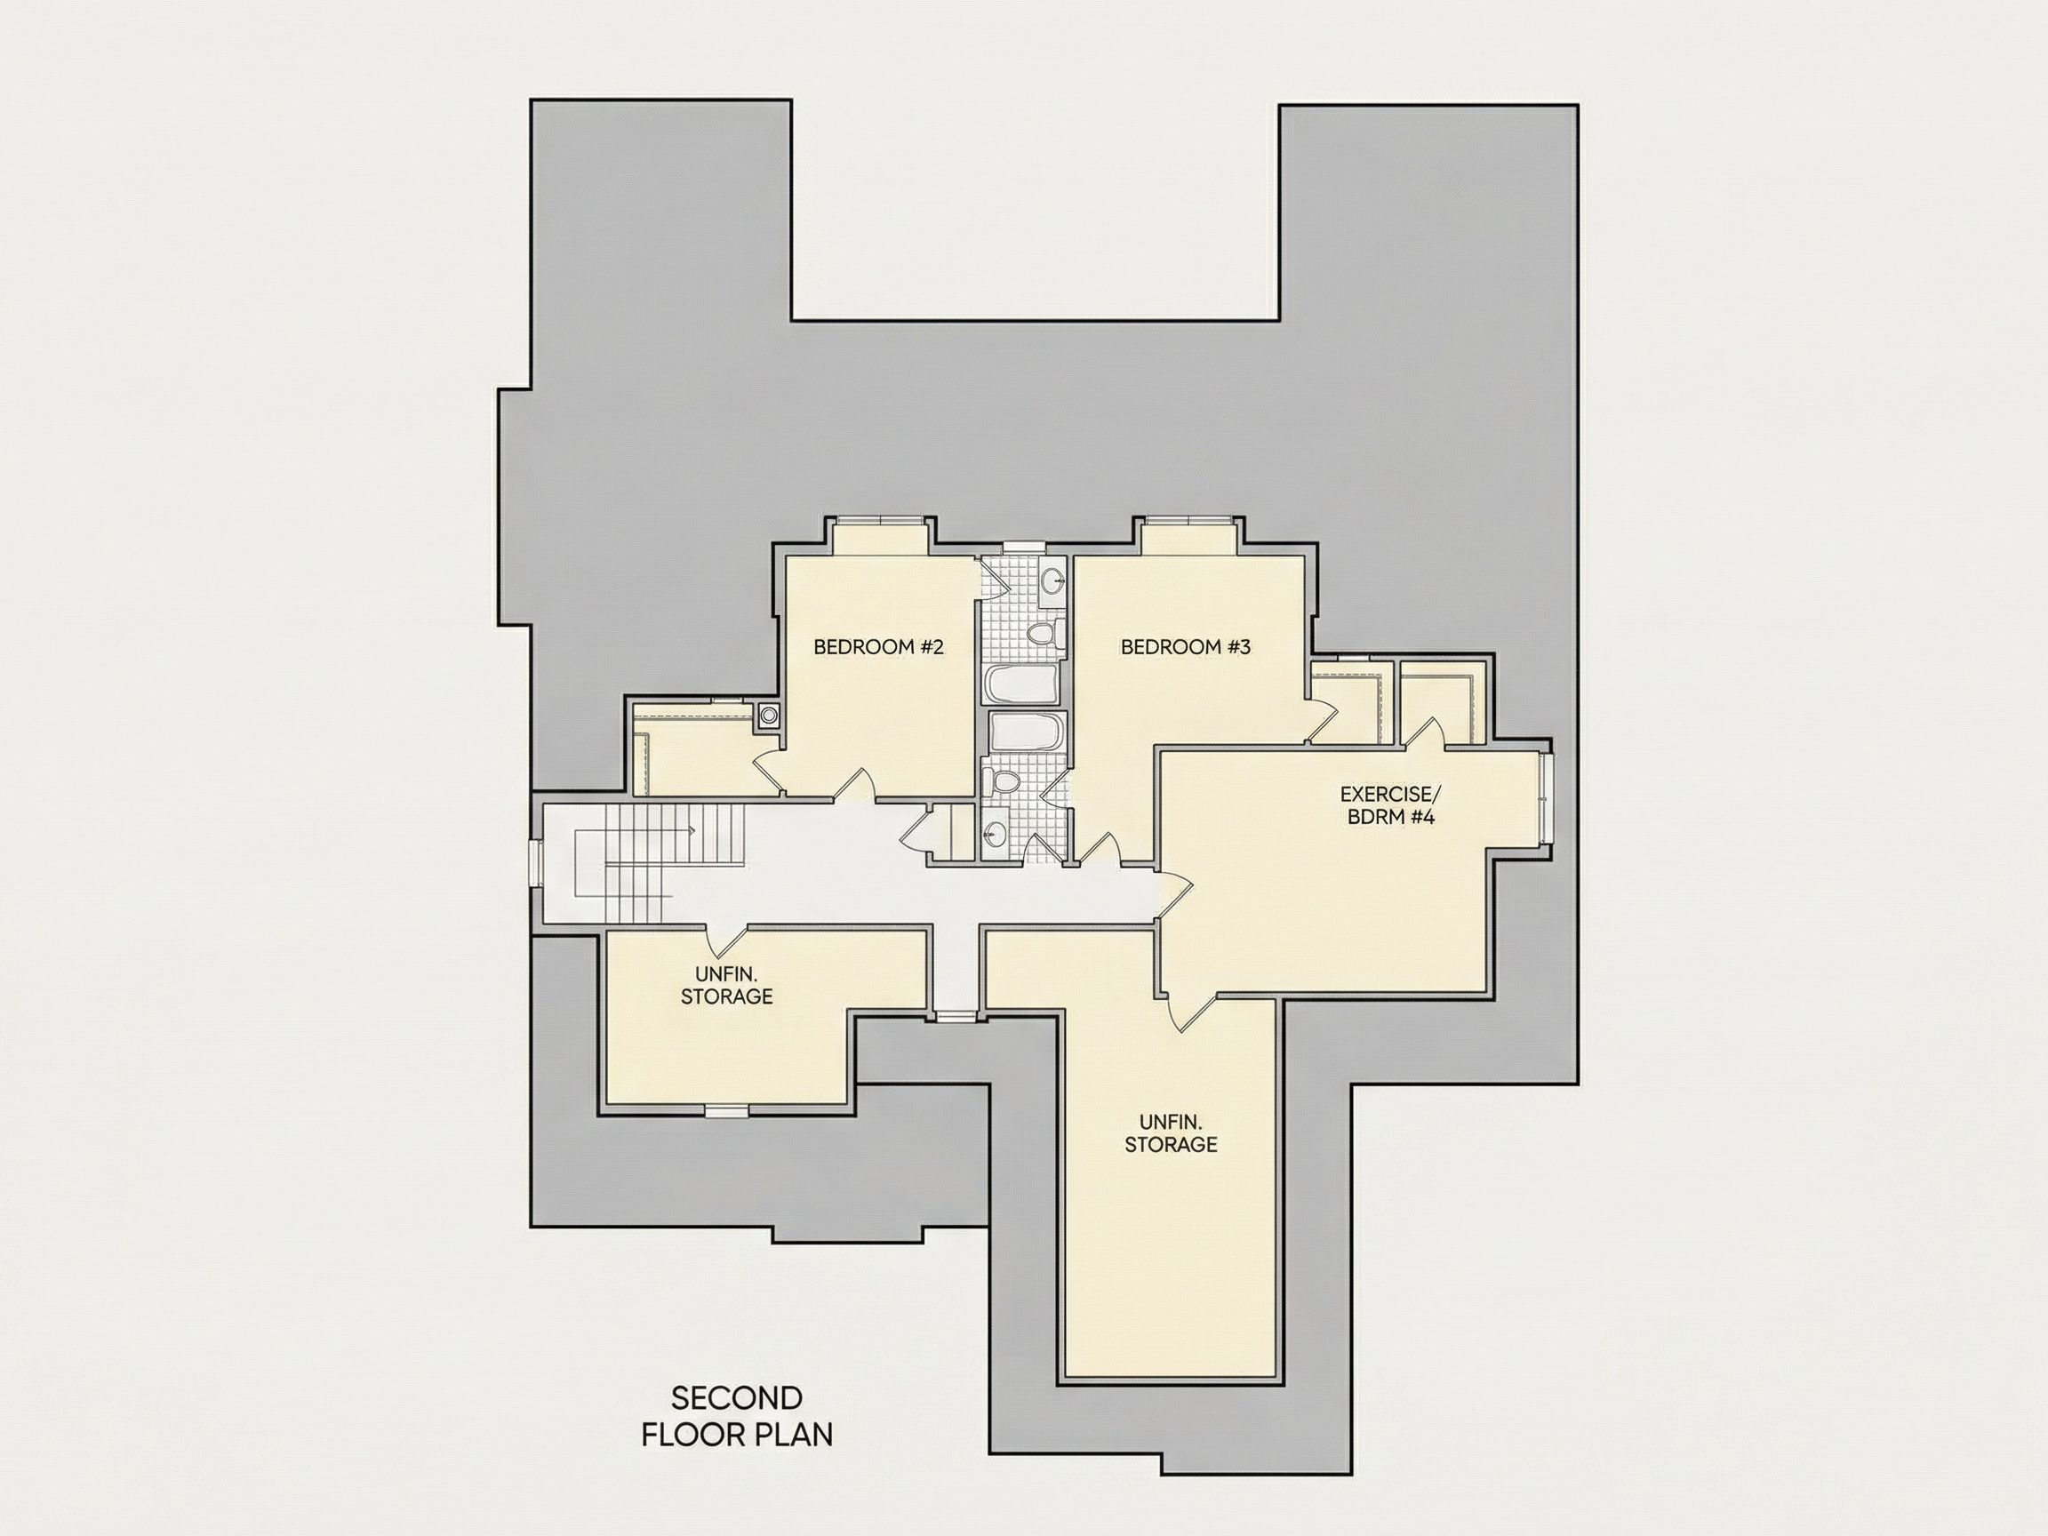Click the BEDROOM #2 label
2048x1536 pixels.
[x=877, y=647]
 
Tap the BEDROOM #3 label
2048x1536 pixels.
[x=1185, y=647]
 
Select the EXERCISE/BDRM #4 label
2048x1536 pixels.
[x=1390, y=805]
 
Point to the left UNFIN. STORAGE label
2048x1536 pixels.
[x=727, y=985]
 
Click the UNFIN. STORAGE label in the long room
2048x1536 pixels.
[x=1171, y=1133]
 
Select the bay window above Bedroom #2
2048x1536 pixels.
[x=880, y=520]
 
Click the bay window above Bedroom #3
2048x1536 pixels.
[x=1188, y=520]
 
